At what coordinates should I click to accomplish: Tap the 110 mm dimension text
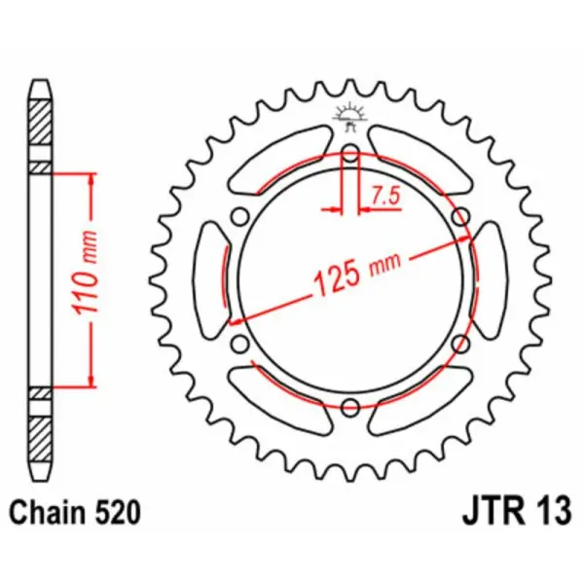(x=85, y=279)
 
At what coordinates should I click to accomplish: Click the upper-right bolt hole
(x=461, y=215)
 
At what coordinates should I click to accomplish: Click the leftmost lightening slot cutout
(x=211, y=279)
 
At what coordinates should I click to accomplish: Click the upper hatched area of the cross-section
(x=38, y=122)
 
